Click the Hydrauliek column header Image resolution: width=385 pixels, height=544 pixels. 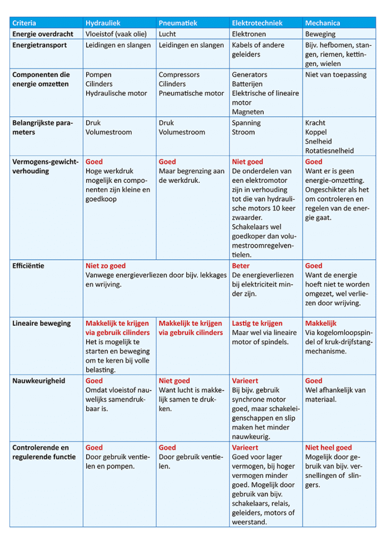tap(103, 23)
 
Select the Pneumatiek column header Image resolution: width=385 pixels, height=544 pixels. tap(178, 23)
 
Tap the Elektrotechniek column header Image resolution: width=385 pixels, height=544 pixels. tap(257, 23)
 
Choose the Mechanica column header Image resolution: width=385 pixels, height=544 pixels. tap(322, 23)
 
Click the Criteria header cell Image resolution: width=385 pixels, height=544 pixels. tap(24, 23)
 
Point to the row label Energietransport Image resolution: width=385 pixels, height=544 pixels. tap(39, 45)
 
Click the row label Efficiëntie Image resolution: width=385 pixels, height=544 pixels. tap(28, 266)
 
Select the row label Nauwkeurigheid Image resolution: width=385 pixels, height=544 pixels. tap(38, 381)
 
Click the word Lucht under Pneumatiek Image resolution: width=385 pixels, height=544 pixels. tap(168, 34)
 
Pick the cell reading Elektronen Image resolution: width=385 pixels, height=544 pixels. tap(249, 34)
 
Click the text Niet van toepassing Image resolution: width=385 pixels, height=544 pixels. tap(336, 75)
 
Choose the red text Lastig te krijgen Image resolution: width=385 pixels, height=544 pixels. tap(257, 323)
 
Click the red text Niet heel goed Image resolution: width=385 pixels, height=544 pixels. tap(328, 447)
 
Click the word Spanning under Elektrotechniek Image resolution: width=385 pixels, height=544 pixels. tap(246, 123)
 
